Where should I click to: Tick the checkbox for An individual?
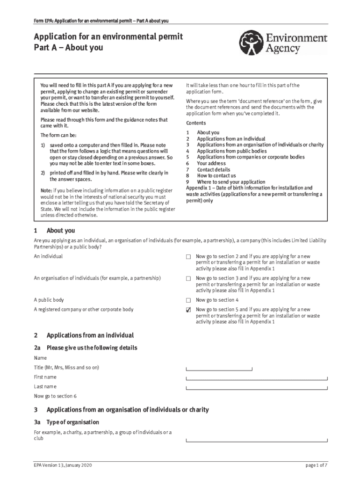pyautogui.click(x=188, y=257)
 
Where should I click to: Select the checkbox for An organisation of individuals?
pyautogui.click(x=188, y=279)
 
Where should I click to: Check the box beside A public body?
pyautogui.click(x=188, y=300)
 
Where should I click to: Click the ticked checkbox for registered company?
pyautogui.click(x=188, y=310)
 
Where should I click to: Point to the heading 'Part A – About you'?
pyautogui.click(x=68, y=48)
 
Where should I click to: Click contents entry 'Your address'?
pyautogui.click(x=211, y=164)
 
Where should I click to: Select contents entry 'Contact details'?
pyautogui.click(x=213, y=170)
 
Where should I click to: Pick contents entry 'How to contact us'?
pyautogui.click(x=216, y=176)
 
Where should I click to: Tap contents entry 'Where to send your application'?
pyautogui.click(x=231, y=182)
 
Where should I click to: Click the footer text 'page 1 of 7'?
pyautogui.click(x=316, y=465)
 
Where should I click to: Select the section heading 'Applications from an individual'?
pyautogui.click(x=90, y=335)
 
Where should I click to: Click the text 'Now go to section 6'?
pyautogui.click(x=55, y=396)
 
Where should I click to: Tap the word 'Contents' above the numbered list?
pyautogui.click(x=196, y=123)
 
